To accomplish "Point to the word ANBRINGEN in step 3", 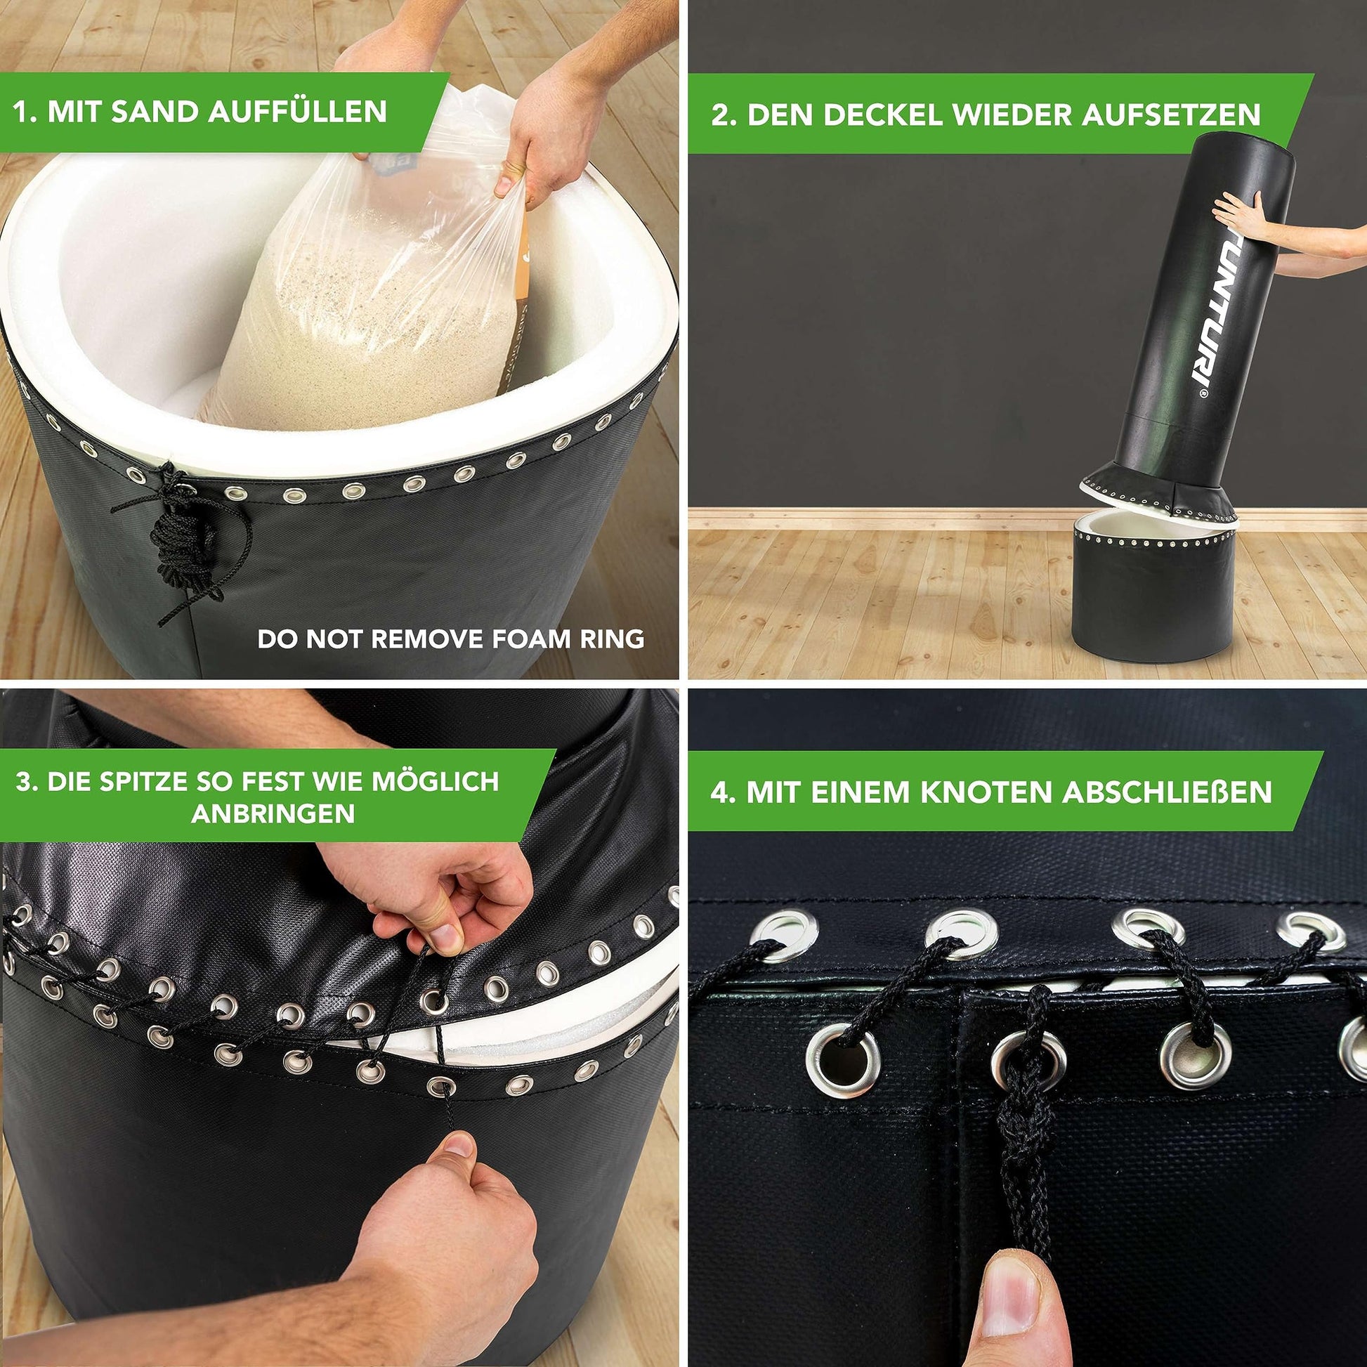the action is coord(273,813).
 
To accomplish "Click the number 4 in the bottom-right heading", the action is coord(719,792).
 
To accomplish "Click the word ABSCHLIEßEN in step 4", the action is coord(1167,792).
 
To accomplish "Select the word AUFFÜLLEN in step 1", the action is coord(298,112).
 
